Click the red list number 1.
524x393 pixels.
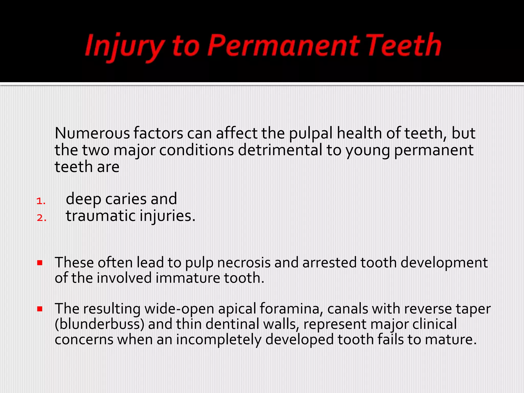[x=41, y=201]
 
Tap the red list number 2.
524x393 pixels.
[x=41, y=218]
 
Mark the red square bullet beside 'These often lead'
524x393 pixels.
[x=40, y=263]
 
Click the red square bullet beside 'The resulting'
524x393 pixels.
[x=40, y=309]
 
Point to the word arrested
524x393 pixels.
[x=330, y=263]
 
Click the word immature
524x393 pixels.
[x=188, y=278]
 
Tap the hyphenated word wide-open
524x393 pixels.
[x=179, y=309]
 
